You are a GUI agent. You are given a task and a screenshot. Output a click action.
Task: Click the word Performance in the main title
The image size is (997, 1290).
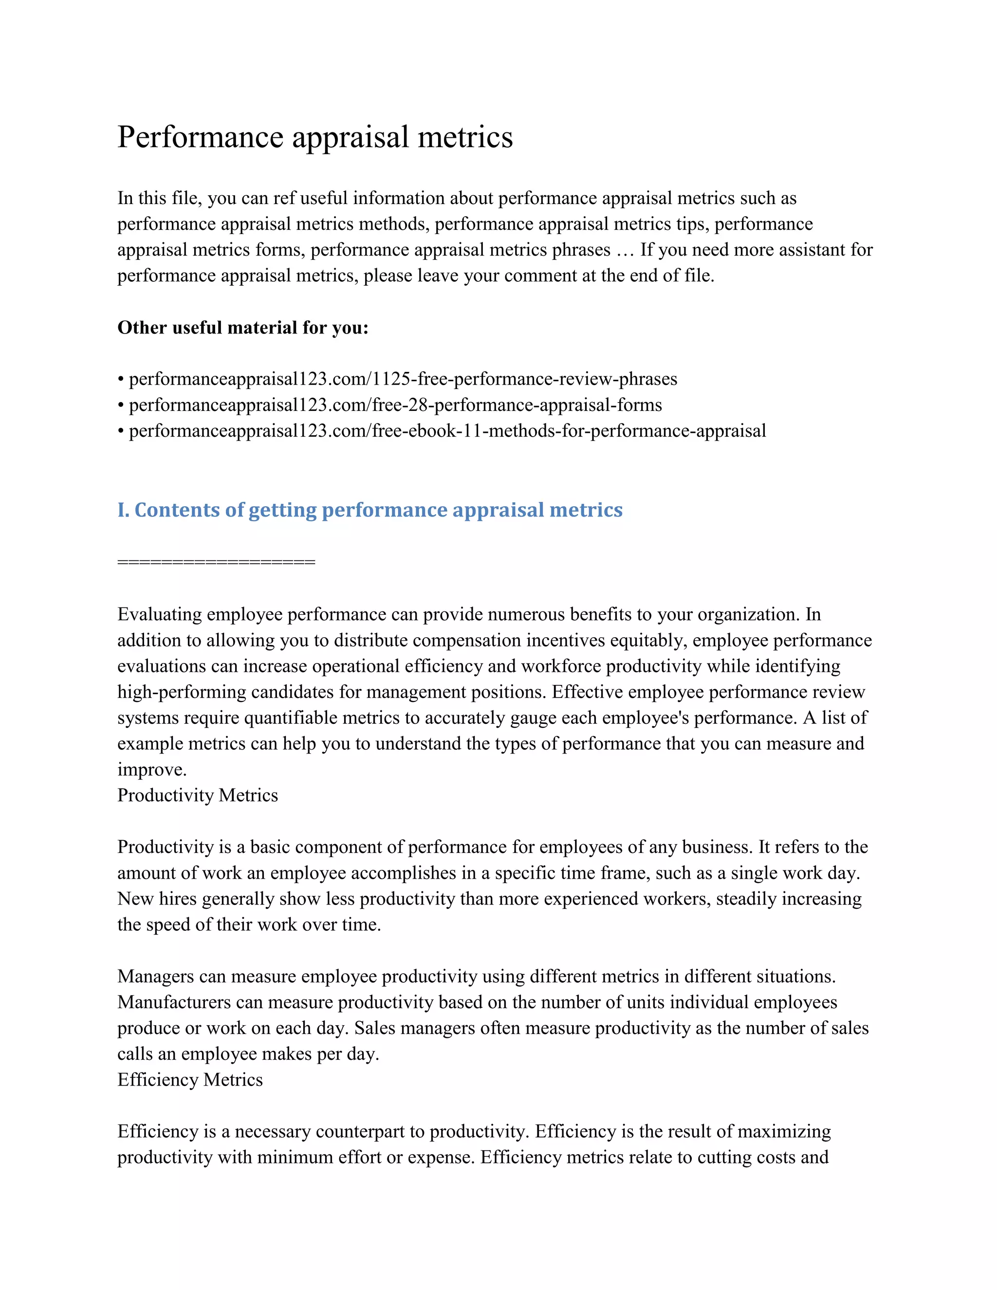(200, 137)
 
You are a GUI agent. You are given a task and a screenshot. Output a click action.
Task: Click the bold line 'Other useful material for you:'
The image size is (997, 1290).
(243, 327)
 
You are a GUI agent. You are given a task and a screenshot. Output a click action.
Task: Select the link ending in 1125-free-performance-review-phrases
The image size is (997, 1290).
(403, 379)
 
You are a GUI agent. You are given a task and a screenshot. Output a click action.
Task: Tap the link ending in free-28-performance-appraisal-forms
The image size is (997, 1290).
(395, 405)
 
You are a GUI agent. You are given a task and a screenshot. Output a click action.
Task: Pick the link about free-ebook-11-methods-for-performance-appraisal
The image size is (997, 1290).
(447, 431)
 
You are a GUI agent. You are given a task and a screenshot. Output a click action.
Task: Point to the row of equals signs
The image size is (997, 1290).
(216, 562)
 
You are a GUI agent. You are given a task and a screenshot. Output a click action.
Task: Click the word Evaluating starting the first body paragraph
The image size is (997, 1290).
(160, 614)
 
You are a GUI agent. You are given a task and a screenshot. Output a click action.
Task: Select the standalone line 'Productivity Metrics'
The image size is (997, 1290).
(197, 795)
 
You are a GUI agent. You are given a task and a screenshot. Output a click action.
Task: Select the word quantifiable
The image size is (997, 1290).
(290, 718)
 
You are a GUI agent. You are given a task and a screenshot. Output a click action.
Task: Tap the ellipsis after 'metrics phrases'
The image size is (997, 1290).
(624, 250)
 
